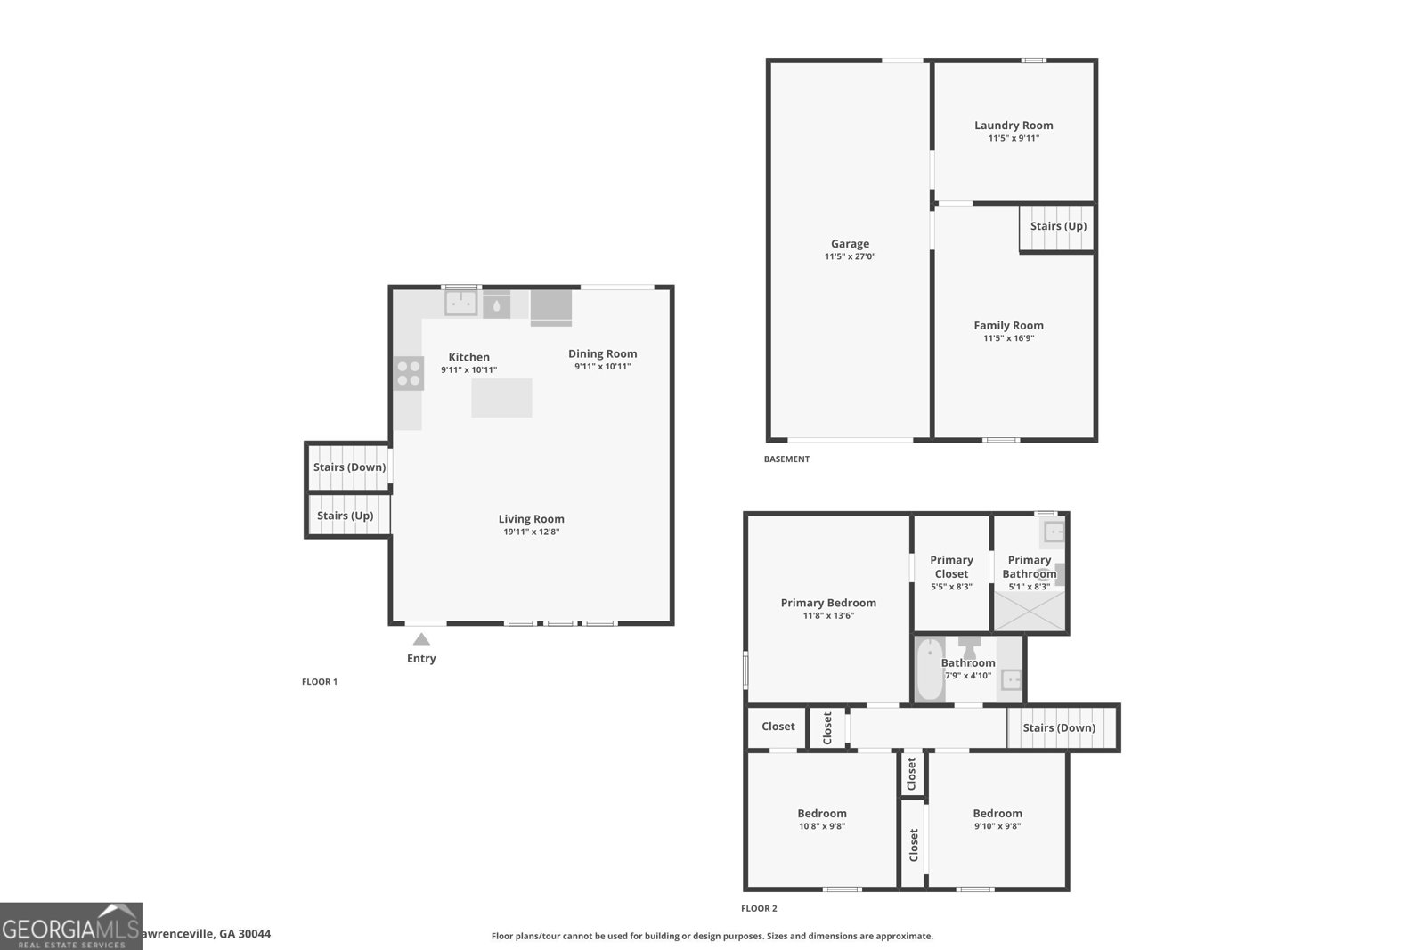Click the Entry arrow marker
tap(421, 639)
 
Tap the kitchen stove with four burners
tap(409, 373)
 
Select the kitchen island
tap(501, 398)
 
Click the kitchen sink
tap(461, 303)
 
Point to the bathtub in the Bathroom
tap(930, 670)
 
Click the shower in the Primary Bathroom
tap(1030, 611)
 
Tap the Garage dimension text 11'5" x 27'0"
tap(850, 256)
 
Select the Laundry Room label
tap(1014, 126)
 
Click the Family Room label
tap(1008, 326)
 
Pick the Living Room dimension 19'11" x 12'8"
tap(531, 532)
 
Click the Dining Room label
tap(602, 353)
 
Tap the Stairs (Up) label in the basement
tap(1058, 226)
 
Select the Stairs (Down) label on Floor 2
tap(1059, 727)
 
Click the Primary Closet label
tap(951, 566)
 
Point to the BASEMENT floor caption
tap(786, 459)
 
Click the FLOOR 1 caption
tap(320, 682)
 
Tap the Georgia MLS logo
tap(70, 927)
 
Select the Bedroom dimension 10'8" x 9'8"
tap(822, 826)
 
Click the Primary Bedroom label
tap(828, 603)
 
